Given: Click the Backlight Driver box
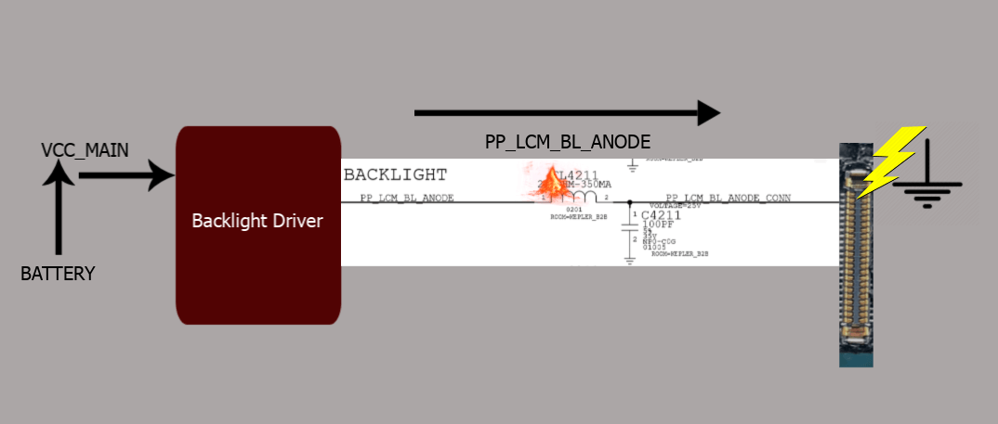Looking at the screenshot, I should tap(258, 225).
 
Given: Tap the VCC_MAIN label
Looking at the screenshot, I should tap(85, 150).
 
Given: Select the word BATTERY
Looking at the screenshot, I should tap(58, 274).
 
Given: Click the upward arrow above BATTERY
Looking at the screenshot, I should tap(59, 209).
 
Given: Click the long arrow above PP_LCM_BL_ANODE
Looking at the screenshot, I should tap(567, 113).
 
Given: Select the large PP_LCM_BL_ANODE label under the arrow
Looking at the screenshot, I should tap(567, 141).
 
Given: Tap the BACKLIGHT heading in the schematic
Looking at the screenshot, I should tap(395, 174).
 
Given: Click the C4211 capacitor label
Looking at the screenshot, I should tap(661, 215).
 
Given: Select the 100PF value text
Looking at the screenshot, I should tap(657, 225).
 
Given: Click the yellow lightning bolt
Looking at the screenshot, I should tap(890, 162).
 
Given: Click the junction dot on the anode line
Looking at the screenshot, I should tap(629, 201).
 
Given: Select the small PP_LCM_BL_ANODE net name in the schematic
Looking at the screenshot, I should tap(406, 198).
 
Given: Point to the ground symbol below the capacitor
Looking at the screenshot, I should tap(630, 261).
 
